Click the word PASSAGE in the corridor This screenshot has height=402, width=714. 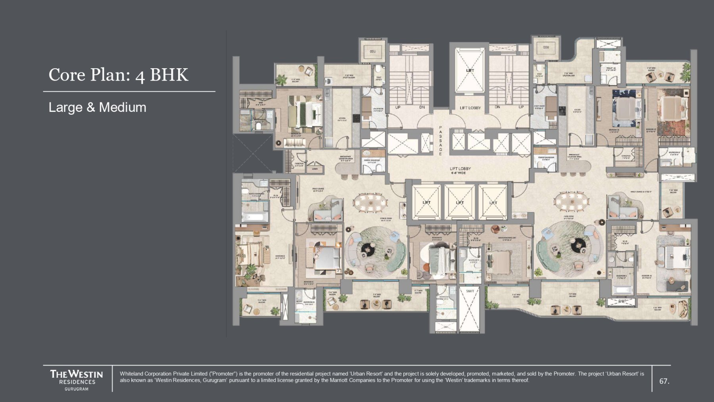point(440,141)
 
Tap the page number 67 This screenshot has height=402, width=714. point(664,381)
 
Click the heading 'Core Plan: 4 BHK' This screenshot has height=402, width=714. point(118,75)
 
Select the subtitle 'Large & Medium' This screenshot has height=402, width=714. point(97,107)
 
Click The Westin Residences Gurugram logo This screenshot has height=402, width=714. point(77,380)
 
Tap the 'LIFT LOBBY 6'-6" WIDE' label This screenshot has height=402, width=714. point(460,171)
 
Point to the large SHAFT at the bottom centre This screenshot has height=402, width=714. point(470,310)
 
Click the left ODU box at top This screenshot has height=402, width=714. point(372,51)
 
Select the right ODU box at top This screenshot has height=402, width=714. point(546,48)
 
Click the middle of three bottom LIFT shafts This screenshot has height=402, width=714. point(460,202)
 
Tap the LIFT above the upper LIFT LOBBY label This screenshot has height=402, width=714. point(470,71)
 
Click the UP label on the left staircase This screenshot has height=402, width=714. point(398,107)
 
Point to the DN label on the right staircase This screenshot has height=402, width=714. point(497,107)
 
